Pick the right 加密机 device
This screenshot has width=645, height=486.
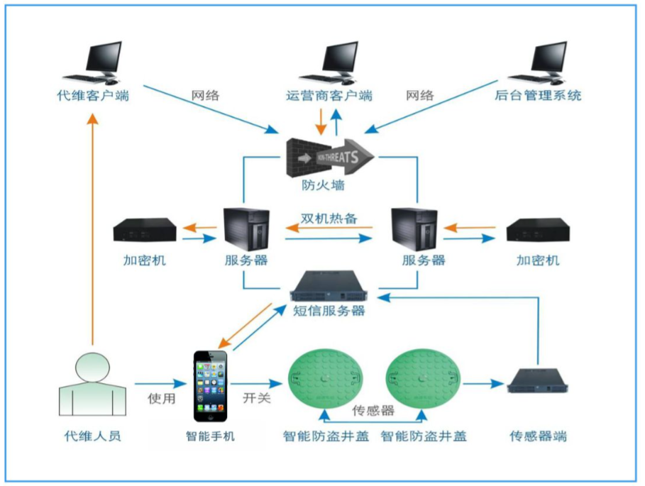pos(538,231)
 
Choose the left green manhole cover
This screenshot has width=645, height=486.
pos(326,384)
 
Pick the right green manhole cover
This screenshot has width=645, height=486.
pos(424,384)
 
